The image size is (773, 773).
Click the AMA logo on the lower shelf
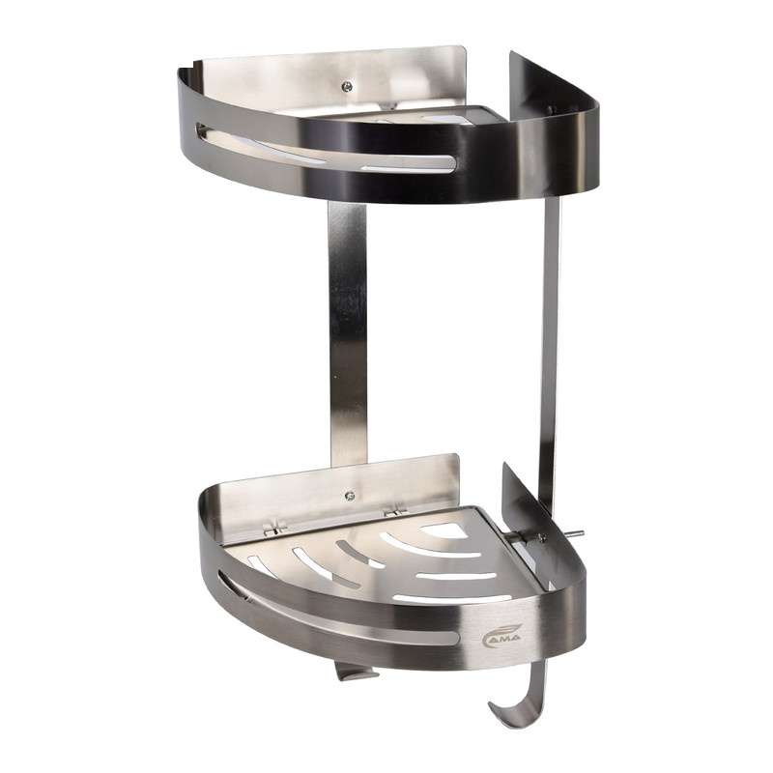click(501, 634)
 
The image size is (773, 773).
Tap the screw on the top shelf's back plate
click(348, 87)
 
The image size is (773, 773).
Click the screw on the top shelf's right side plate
click(550, 109)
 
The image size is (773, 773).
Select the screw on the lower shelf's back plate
click(350, 496)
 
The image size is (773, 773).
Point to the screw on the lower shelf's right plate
click(541, 537)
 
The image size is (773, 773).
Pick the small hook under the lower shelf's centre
click(354, 671)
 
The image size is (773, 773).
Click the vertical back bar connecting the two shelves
click(348, 332)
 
